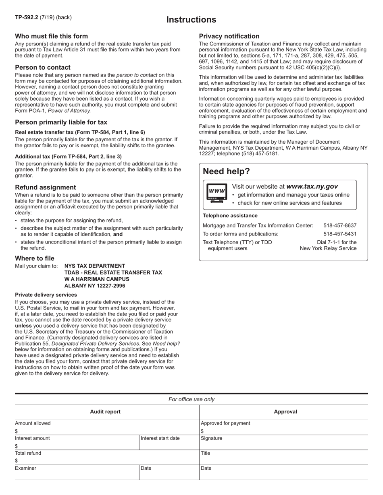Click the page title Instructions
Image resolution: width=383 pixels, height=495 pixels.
pyautogui.click(x=191, y=20)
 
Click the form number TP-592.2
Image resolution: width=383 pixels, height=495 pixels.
pyautogui.click(x=27, y=17)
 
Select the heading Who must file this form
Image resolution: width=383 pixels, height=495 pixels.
pyautogui.click(x=51, y=36)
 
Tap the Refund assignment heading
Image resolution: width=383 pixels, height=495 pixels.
pyautogui.click(x=45, y=187)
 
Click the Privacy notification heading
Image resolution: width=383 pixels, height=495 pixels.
pyautogui.click(x=229, y=36)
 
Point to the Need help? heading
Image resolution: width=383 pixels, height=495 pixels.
pyautogui.click(x=226, y=171)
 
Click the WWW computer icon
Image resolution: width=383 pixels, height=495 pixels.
pyautogui.click(x=217, y=193)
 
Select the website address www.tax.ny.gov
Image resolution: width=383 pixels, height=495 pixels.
pyautogui.click(x=312, y=186)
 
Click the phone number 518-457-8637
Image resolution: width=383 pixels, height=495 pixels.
pyautogui.click(x=340, y=225)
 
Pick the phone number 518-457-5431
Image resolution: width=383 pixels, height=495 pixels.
pyautogui.click(x=340, y=234)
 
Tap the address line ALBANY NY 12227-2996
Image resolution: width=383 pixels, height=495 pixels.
pyautogui.click(x=95, y=286)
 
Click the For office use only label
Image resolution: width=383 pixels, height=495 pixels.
pyautogui.click(x=191, y=399)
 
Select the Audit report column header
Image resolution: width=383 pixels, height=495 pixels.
pyautogui.click(x=105, y=412)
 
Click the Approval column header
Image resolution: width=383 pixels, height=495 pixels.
pyautogui.click(x=285, y=412)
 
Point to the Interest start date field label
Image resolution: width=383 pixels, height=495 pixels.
pyautogui.click(x=160, y=438)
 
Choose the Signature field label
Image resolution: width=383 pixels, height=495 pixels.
pyautogui.click(x=211, y=438)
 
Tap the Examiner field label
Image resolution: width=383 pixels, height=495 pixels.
pyautogui.click(x=25, y=468)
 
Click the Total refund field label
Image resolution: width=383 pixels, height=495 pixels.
pyautogui.click(x=28, y=453)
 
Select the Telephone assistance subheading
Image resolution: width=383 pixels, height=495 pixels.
pyautogui.click(x=230, y=216)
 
